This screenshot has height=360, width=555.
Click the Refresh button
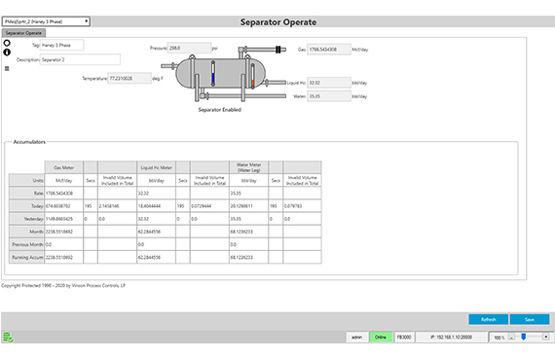click(488, 319)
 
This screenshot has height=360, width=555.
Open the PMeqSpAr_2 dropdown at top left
click(46, 19)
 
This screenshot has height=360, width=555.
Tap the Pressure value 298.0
click(190, 46)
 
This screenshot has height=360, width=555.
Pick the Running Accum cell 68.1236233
click(247, 257)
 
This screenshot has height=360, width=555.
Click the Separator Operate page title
click(277, 20)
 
